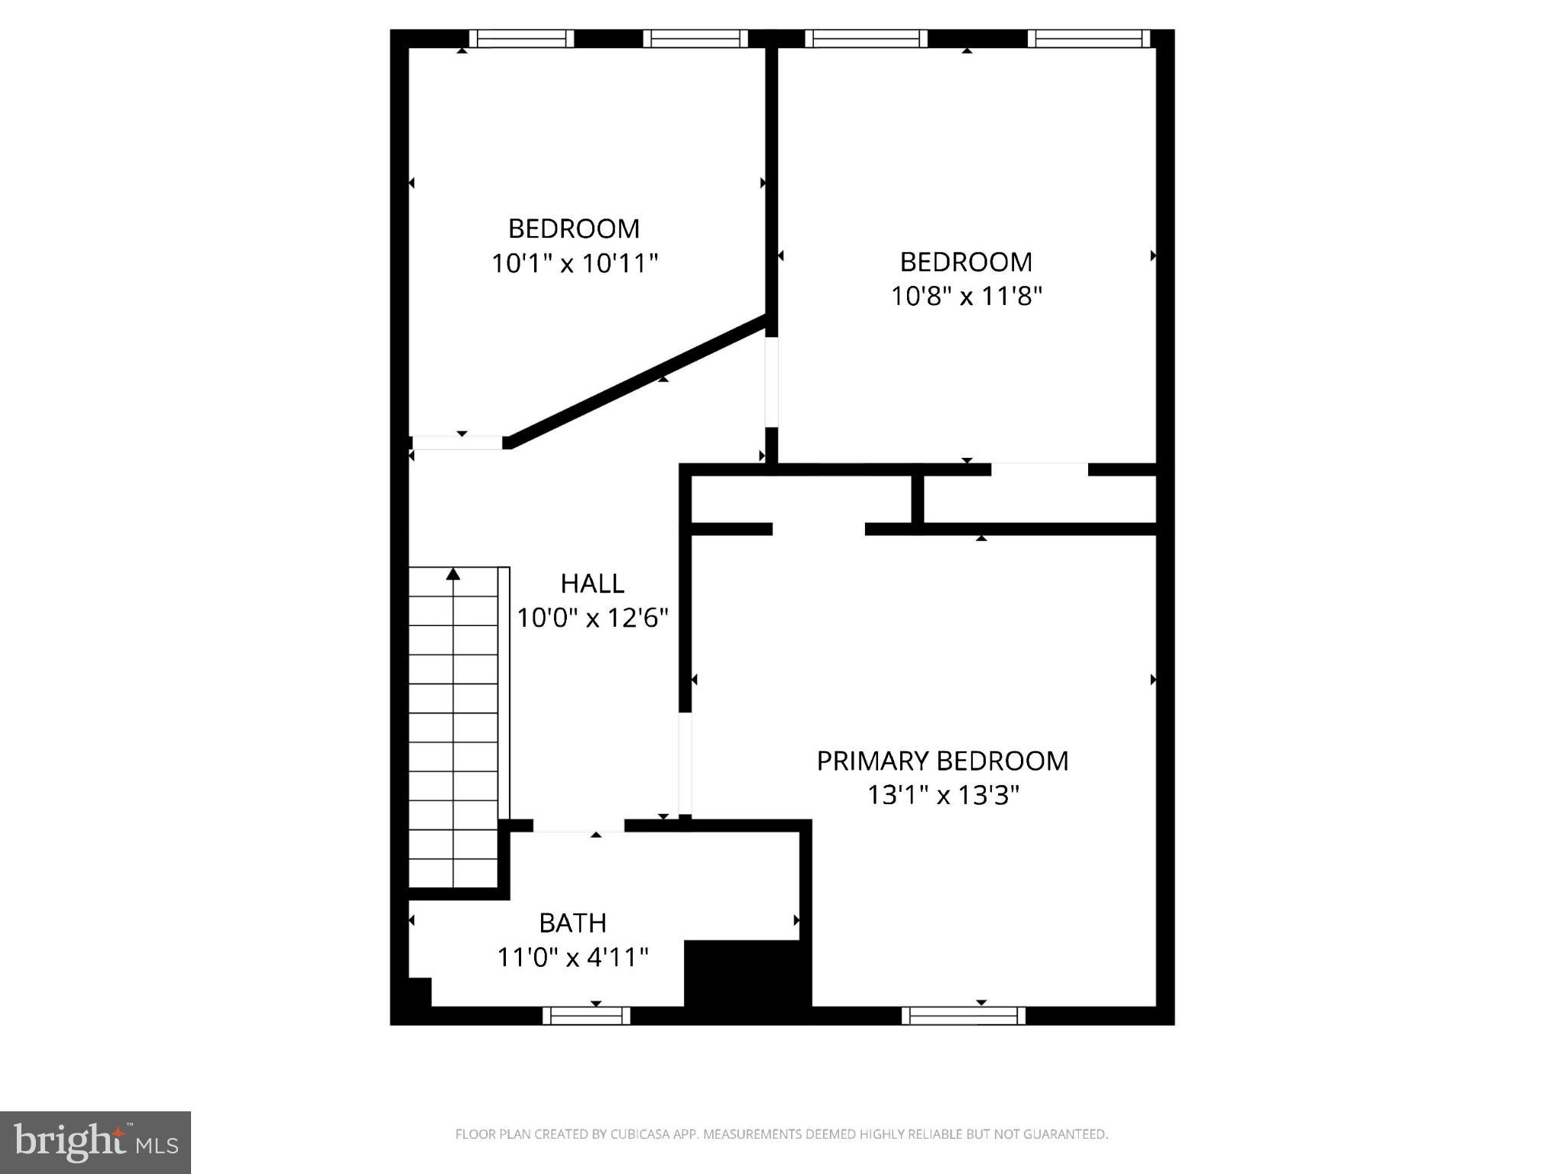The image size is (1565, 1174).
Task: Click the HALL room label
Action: (592, 584)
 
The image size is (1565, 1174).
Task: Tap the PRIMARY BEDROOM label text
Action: (942, 761)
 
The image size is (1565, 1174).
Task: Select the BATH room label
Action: (572, 923)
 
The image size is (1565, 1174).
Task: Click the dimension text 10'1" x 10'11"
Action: (574, 264)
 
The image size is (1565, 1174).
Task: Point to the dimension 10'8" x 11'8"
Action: (966, 297)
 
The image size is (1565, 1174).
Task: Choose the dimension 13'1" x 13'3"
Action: (943, 796)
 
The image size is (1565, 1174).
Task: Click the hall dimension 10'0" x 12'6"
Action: (592, 618)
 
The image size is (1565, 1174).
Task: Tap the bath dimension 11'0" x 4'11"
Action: (572, 957)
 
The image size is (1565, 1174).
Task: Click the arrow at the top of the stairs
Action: (453, 573)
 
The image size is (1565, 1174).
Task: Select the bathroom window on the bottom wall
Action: (586, 1016)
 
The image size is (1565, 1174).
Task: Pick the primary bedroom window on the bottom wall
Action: (963, 1016)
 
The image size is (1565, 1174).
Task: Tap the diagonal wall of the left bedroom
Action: (638, 379)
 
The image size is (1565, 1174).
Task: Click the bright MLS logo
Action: (96, 1143)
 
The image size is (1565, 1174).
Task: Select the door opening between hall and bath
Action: (578, 826)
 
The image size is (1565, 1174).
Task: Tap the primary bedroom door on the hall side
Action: (685, 764)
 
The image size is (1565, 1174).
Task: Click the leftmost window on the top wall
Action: (520, 39)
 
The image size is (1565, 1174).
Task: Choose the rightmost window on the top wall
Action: (1088, 39)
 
